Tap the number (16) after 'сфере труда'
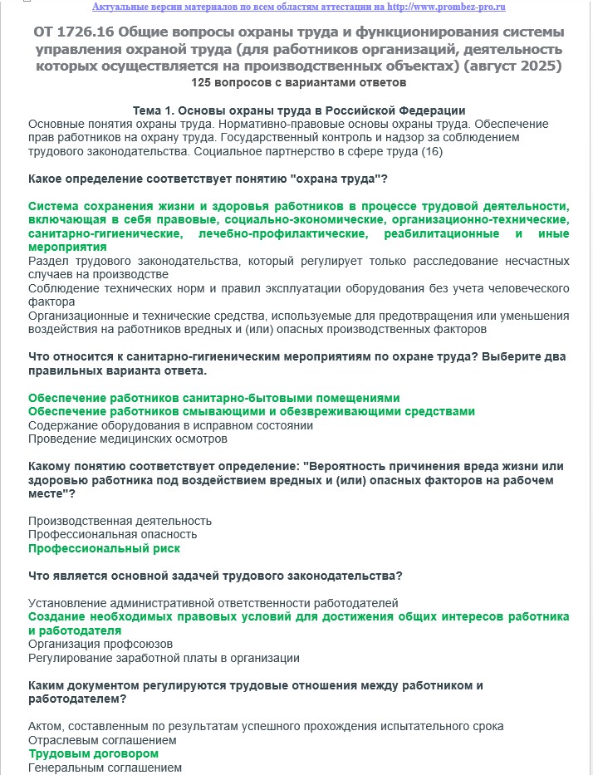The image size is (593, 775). [x=432, y=152]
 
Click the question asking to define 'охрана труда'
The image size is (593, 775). [x=208, y=179]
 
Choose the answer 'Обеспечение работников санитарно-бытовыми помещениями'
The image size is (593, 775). [x=213, y=398]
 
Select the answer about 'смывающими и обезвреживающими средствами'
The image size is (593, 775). [x=251, y=411]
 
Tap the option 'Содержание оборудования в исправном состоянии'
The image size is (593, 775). [x=170, y=425]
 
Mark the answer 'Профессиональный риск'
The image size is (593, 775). [x=104, y=548]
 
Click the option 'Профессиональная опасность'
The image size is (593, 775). [x=112, y=534]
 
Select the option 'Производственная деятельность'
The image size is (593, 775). [x=120, y=521]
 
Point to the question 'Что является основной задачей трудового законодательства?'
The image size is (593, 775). [x=215, y=576]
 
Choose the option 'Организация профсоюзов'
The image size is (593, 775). [x=100, y=644]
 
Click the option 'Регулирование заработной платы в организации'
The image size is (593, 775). [x=164, y=658]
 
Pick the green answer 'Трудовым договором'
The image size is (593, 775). [x=93, y=753]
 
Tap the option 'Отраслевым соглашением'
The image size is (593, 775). [x=103, y=739]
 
